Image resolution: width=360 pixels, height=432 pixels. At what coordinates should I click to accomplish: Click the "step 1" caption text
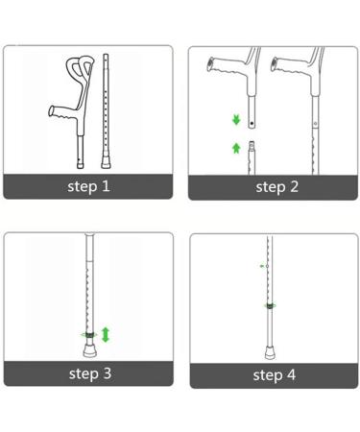[x=88, y=186]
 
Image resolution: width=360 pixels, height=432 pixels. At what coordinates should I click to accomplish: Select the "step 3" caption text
[x=88, y=373]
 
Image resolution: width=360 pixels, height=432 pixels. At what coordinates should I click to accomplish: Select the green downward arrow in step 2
[x=235, y=121]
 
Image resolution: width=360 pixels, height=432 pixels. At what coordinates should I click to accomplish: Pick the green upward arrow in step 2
[x=235, y=148]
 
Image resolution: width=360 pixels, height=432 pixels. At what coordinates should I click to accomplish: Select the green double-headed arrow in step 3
[x=106, y=334]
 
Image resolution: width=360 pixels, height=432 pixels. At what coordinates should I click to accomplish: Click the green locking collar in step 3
[x=89, y=334]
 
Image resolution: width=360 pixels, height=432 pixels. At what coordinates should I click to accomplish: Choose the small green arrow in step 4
[x=262, y=266]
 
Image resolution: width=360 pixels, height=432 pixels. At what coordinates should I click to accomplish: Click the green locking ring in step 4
[x=271, y=306]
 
